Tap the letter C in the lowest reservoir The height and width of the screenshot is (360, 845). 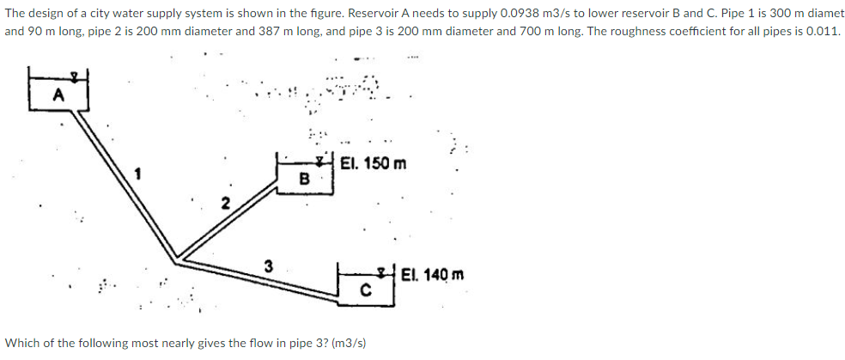coord(364,290)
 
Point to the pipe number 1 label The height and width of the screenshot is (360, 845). coord(136,175)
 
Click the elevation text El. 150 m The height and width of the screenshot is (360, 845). coord(374,163)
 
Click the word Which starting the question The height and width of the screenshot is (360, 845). coord(22,343)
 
